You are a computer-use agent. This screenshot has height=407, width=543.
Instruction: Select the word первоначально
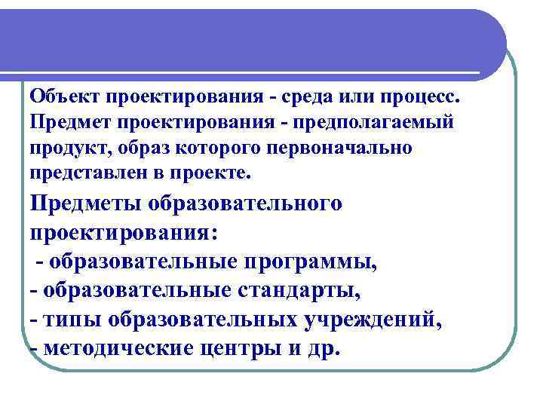pos(342,147)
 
